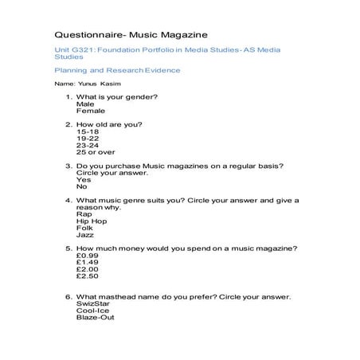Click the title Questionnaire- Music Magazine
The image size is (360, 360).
click(x=130, y=35)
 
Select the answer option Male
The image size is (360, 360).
click(x=84, y=104)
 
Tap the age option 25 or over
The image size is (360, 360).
click(x=96, y=152)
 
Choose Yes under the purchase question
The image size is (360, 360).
click(x=84, y=179)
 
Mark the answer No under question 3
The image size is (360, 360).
click(x=81, y=186)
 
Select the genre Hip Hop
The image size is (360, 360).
click(x=90, y=221)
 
